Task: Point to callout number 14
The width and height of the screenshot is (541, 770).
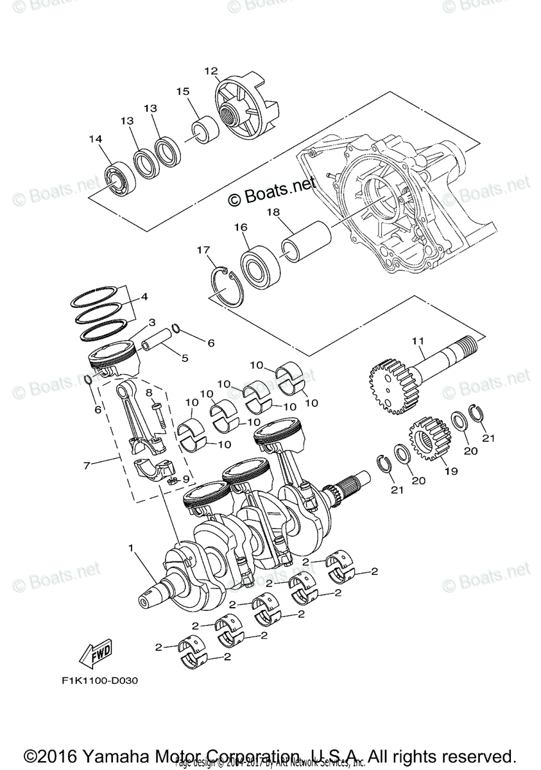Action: [96, 139]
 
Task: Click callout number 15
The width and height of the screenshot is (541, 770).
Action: [182, 91]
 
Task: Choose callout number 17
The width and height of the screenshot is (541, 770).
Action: [203, 250]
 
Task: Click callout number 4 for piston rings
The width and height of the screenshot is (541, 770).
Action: [144, 297]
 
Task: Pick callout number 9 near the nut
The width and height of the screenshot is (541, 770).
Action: [186, 478]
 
